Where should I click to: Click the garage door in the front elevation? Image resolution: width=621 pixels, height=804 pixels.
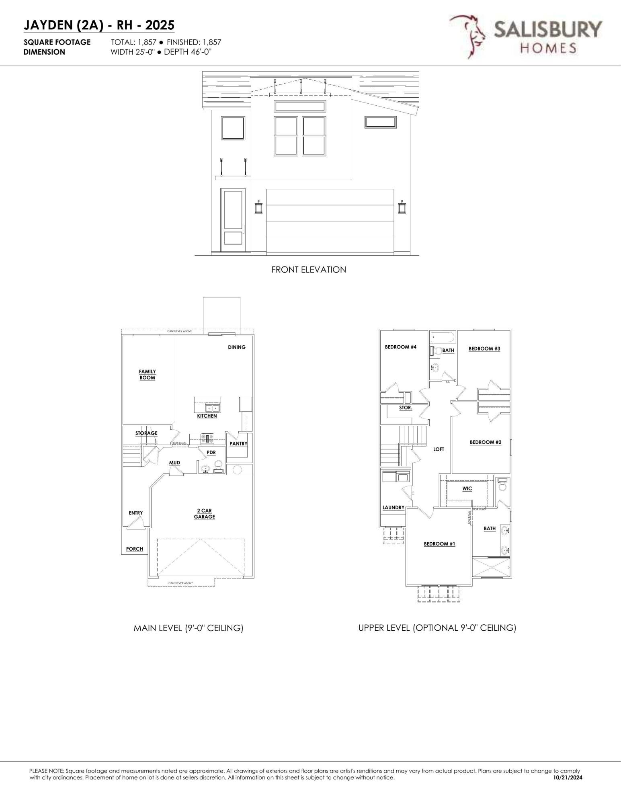click(x=330, y=221)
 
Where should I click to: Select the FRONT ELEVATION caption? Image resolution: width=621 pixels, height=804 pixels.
click(x=308, y=270)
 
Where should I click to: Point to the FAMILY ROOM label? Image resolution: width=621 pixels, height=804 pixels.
click(x=147, y=375)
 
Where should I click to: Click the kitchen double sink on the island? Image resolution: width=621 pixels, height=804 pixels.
click(x=212, y=408)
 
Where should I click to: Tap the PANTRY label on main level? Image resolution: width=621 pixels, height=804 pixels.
click(x=238, y=444)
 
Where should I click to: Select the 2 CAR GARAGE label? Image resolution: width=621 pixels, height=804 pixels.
click(x=204, y=514)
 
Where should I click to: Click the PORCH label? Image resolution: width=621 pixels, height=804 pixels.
click(x=134, y=549)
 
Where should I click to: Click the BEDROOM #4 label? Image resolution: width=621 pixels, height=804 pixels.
click(x=400, y=347)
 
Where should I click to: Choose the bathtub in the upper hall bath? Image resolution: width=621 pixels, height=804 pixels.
click(x=442, y=337)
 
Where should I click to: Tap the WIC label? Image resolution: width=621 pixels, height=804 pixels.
click(x=467, y=488)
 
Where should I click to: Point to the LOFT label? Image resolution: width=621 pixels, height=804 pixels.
click(x=439, y=449)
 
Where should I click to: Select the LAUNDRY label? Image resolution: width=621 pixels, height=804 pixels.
click(x=393, y=507)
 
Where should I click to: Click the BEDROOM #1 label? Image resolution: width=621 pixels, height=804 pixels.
click(x=439, y=544)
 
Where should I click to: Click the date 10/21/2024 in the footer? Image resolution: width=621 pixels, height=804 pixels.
click(x=568, y=777)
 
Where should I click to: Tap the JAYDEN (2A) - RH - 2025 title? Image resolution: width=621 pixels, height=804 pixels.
click(x=99, y=25)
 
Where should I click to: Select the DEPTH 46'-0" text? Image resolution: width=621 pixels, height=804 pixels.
click(x=188, y=52)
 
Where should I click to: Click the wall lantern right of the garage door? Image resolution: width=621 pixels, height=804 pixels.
click(x=402, y=207)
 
